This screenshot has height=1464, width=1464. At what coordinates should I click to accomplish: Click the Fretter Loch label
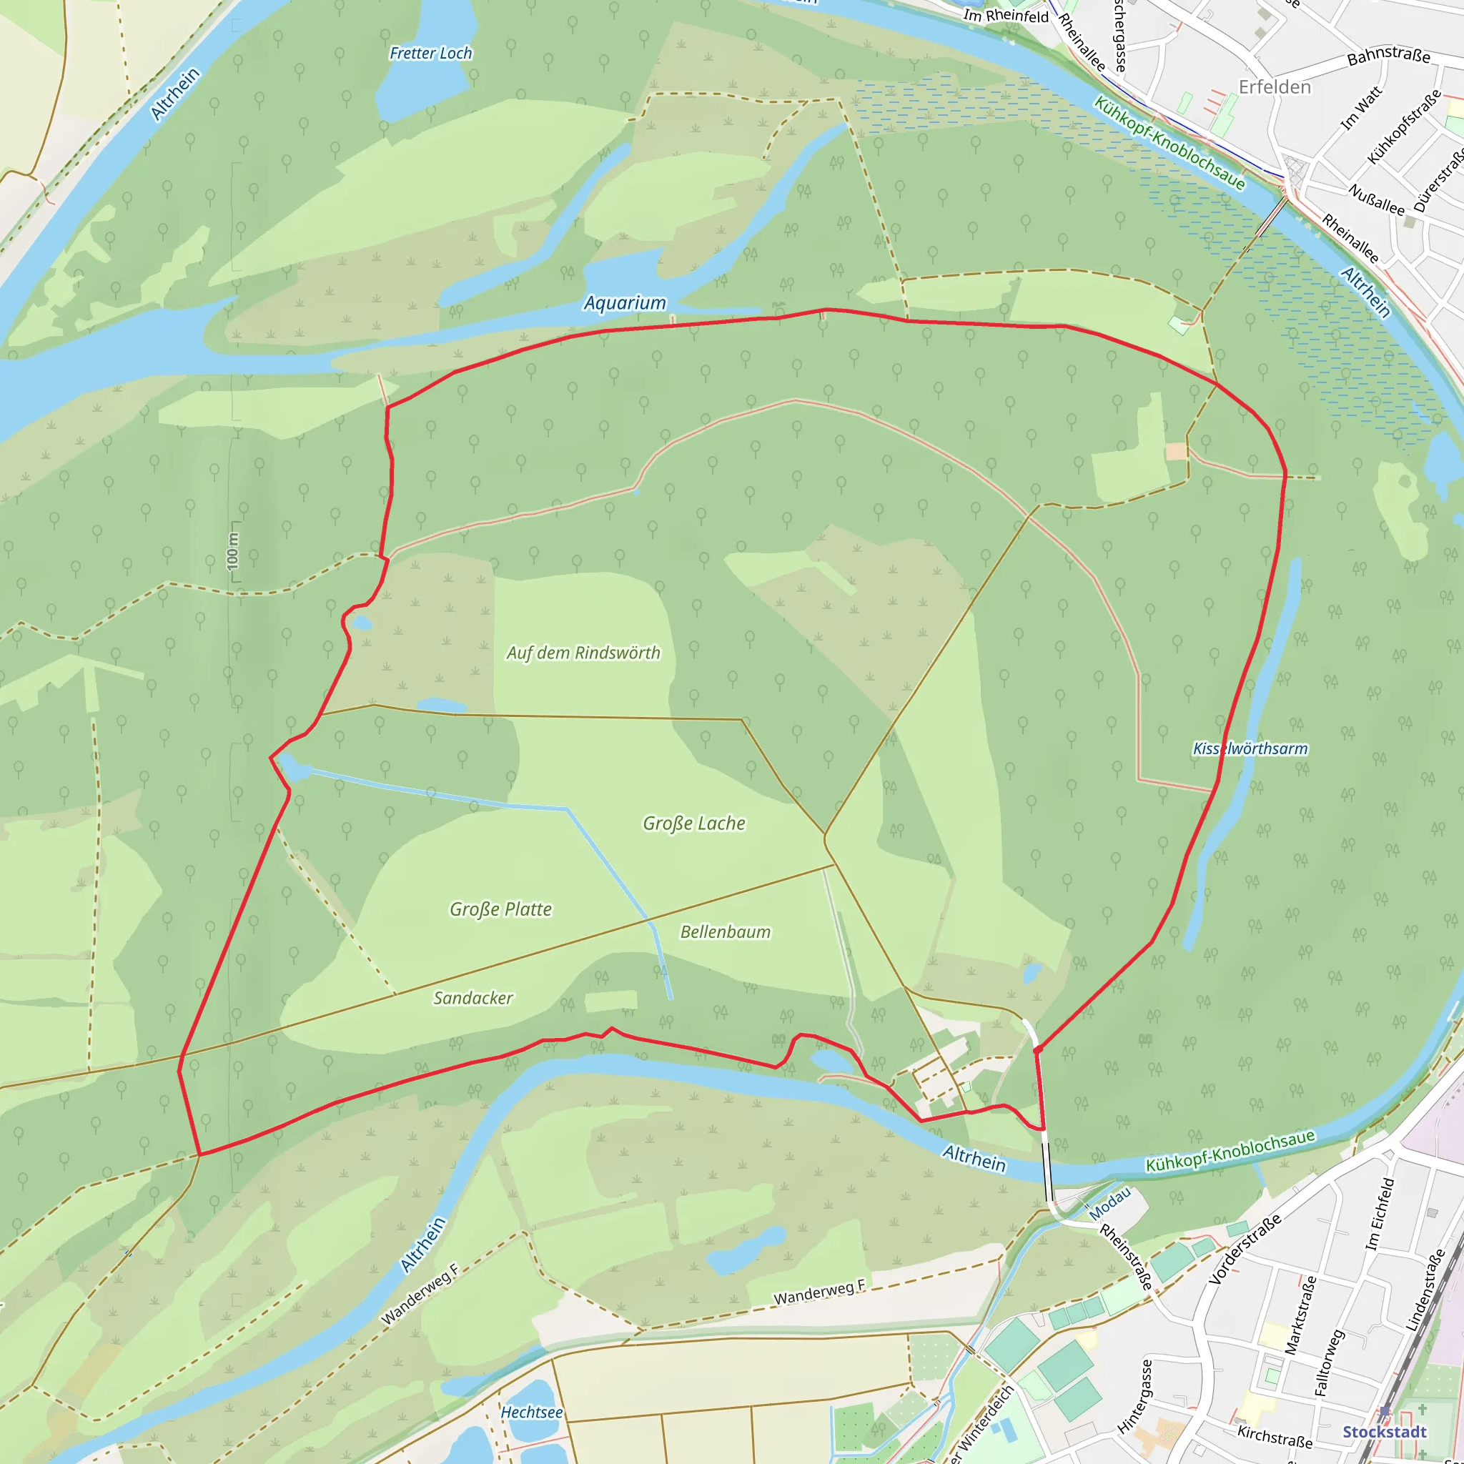pos(430,53)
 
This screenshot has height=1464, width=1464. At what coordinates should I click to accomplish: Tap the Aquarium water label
pos(624,303)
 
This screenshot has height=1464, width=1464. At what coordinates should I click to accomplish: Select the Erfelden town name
pos(1275,87)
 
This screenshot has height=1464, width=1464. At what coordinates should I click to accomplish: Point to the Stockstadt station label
pos(1385,1431)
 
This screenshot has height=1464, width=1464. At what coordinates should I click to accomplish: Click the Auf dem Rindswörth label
pos(583,653)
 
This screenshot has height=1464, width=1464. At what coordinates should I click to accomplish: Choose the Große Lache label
pos(693,823)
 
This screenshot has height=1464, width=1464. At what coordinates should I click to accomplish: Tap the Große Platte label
pos(500,909)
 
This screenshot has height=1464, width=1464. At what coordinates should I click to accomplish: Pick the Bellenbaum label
pos(725,932)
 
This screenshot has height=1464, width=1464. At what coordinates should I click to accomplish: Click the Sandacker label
pos(473,998)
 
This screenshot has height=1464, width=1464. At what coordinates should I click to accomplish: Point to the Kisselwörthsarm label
pos(1250,748)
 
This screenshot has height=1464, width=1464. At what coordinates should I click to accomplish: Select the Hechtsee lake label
pos(531,1413)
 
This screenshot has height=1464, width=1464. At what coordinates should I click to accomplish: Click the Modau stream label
pos(1109,1203)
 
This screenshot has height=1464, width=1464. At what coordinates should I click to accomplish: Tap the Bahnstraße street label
pos(1388,55)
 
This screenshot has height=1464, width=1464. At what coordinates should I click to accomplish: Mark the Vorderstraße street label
pos(1245,1249)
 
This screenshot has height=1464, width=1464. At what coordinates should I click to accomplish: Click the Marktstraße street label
pos(1300,1315)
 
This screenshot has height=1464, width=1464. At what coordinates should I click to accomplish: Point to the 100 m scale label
pos(232,552)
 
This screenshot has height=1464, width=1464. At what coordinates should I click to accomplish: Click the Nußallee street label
pos(1376,199)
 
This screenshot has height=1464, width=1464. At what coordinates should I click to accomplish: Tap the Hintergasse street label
pos(1135,1396)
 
